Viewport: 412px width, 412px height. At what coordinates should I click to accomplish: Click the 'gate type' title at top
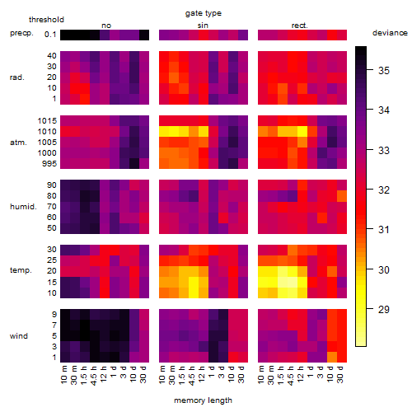tap(204, 13)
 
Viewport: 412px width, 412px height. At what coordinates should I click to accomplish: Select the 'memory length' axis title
tap(203, 400)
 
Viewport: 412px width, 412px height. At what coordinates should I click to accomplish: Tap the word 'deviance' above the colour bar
tap(390, 33)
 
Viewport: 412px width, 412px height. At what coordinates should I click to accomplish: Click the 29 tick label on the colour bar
tap(384, 310)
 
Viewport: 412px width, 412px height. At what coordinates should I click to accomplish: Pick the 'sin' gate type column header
tap(203, 26)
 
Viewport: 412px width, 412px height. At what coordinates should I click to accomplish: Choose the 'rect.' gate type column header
tap(300, 26)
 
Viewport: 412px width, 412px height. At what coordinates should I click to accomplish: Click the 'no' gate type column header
tap(106, 26)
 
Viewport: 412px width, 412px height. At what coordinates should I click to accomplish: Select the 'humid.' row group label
tap(23, 207)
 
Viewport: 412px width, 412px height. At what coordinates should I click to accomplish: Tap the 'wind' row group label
tap(19, 336)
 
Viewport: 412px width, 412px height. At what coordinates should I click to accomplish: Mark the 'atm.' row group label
tap(18, 143)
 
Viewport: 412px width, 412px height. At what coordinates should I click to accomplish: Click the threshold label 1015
tap(47, 121)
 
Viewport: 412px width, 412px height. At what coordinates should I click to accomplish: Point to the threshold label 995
tap(49, 164)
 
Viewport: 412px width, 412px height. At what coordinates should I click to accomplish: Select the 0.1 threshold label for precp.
tap(50, 35)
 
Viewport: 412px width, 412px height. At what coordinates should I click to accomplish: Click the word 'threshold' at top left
tap(46, 20)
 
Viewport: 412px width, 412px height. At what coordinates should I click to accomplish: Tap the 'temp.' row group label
tap(21, 270)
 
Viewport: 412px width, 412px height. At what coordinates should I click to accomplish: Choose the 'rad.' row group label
tap(17, 77)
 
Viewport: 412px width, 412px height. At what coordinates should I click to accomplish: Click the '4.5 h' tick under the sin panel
tap(191, 376)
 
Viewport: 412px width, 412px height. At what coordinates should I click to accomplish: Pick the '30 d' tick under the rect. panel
tap(339, 374)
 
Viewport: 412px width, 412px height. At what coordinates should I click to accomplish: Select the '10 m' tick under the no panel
tap(63, 375)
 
